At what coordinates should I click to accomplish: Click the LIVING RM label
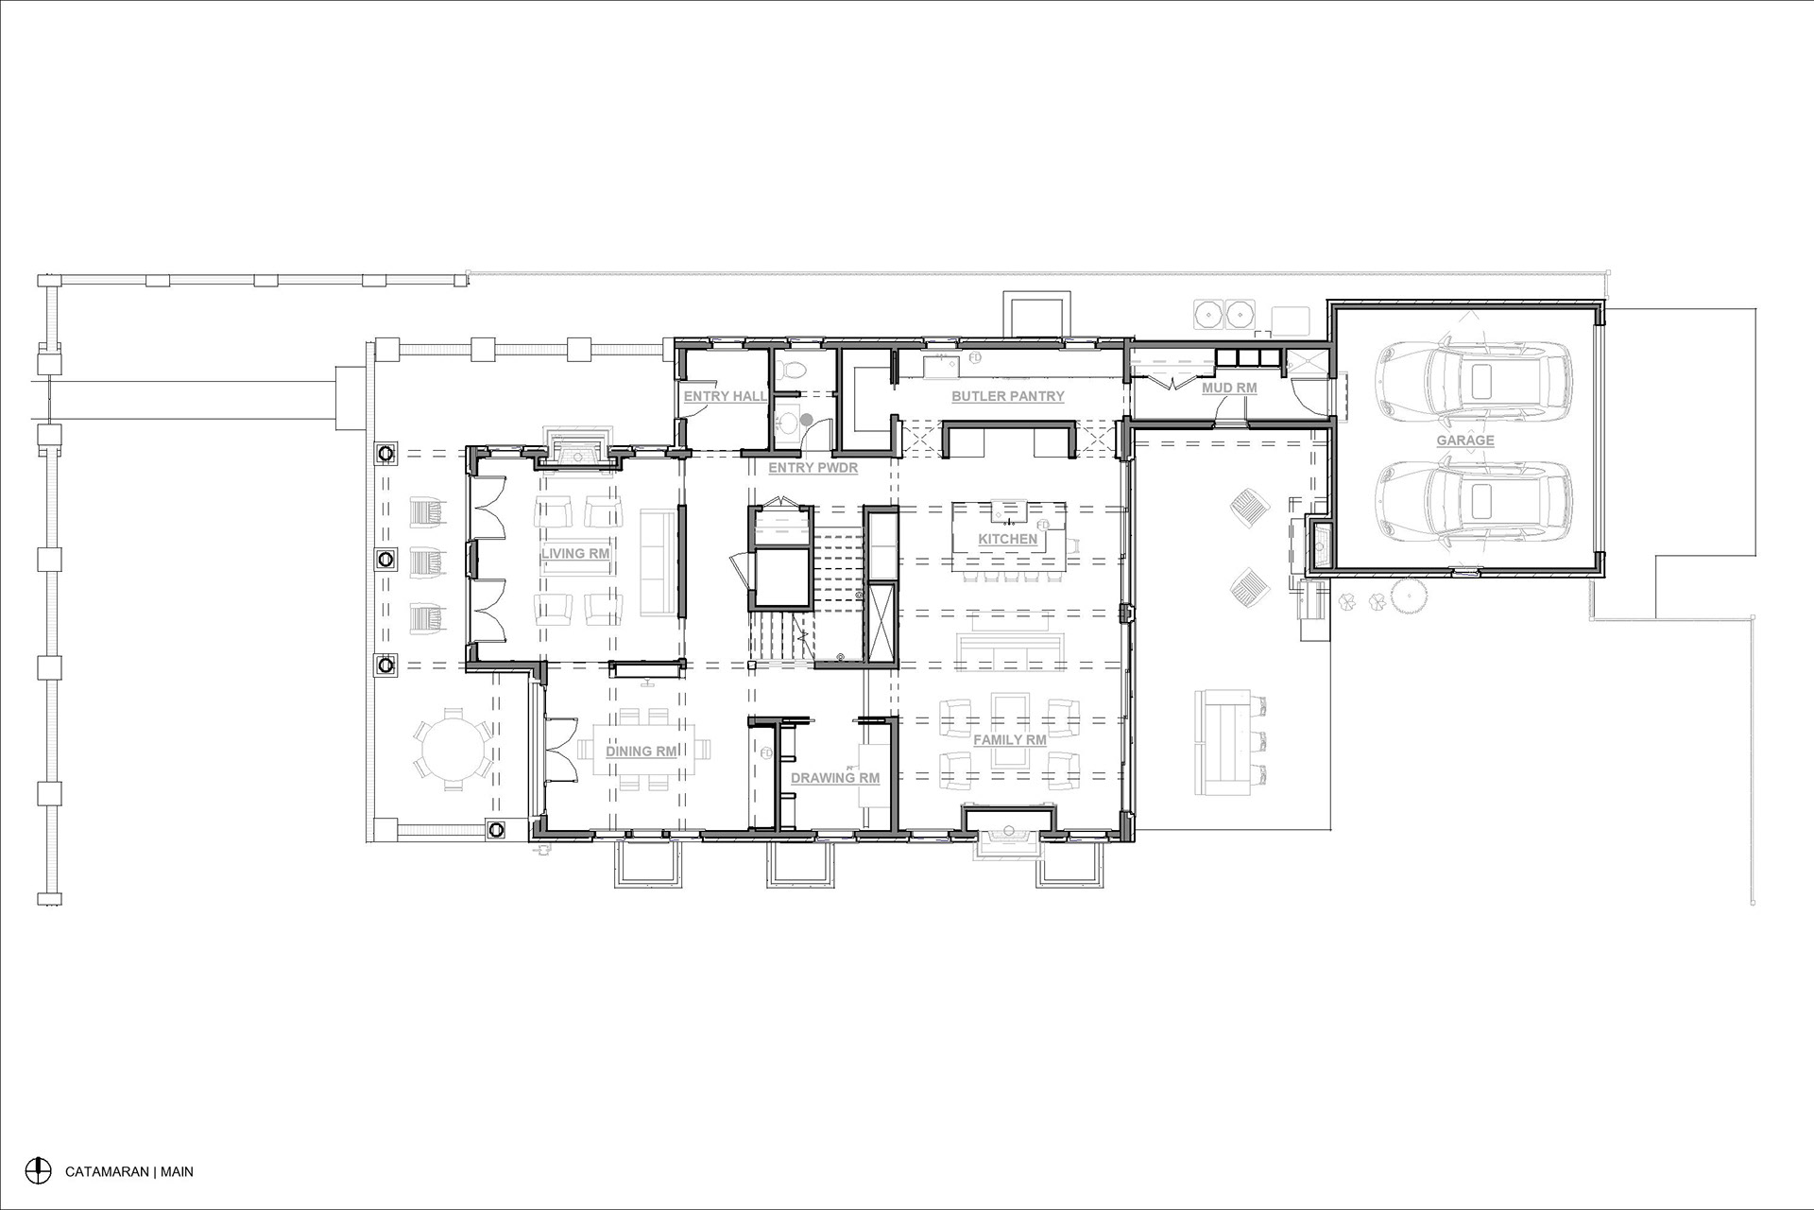pyautogui.click(x=575, y=553)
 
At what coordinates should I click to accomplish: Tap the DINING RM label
pyautogui.click(x=642, y=752)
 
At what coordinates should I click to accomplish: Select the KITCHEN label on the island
pyautogui.click(x=1008, y=539)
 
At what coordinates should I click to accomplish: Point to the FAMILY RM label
pyautogui.click(x=1010, y=739)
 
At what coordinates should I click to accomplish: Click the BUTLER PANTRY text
pyautogui.click(x=1008, y=396)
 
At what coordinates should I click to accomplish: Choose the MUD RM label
pyautogui.click(x=1229, y=388)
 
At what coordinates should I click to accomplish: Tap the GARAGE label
pyautogui.click(x=1465, y=441)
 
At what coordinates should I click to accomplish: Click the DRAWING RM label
pyautogui.click(x=835, y=778)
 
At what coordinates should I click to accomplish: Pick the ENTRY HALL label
pyautogui.click(x=726, y=396)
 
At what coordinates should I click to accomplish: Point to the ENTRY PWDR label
pyautogui.click(x=813, y=467)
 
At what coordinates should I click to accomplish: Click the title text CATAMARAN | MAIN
pyautogui.click(x=129, y=1171)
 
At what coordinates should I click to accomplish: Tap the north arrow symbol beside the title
pyautogui.click(x=38, y=1170)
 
